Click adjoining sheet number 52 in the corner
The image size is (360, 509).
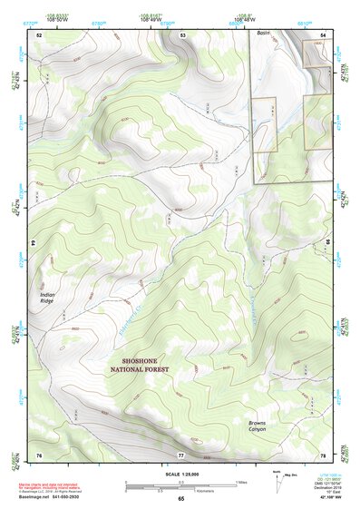point(39,34)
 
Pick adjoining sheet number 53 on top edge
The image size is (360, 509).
point(182,34)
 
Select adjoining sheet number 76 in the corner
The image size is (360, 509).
point(39,454)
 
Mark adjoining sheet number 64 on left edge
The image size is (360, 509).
point(34,243)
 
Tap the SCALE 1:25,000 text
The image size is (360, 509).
point(180,473)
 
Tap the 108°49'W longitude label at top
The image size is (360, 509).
point(148,18)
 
